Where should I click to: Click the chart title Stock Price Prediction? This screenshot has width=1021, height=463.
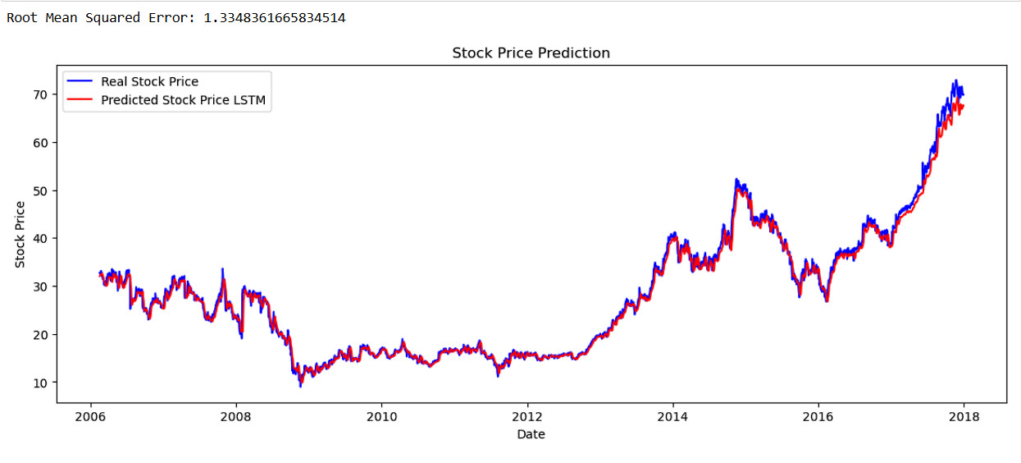[x=531, y=53]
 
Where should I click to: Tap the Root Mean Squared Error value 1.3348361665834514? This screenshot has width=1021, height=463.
[x=274, y=17]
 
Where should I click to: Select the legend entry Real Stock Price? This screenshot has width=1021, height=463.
[x=149, y=81]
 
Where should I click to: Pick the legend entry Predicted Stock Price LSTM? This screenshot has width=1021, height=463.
[x=183, y=101]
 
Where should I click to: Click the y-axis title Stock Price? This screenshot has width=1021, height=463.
[x=21, y=238]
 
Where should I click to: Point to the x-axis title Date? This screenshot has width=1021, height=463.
[x=531, y=434]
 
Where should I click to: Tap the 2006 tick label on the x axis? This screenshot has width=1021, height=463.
[x=90, y=416]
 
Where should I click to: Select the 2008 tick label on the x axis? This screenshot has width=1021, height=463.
[x=236, y=416]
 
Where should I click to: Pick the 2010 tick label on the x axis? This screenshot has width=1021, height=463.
[x=381, y=416]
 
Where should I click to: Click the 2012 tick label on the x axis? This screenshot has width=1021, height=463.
[x=527, y=416]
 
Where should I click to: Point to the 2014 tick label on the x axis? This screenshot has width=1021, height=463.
[x=672, y=416]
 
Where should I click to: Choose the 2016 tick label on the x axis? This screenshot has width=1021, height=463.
[x=818, y=416]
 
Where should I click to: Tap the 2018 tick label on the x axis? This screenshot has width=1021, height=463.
[x=964, y=416]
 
